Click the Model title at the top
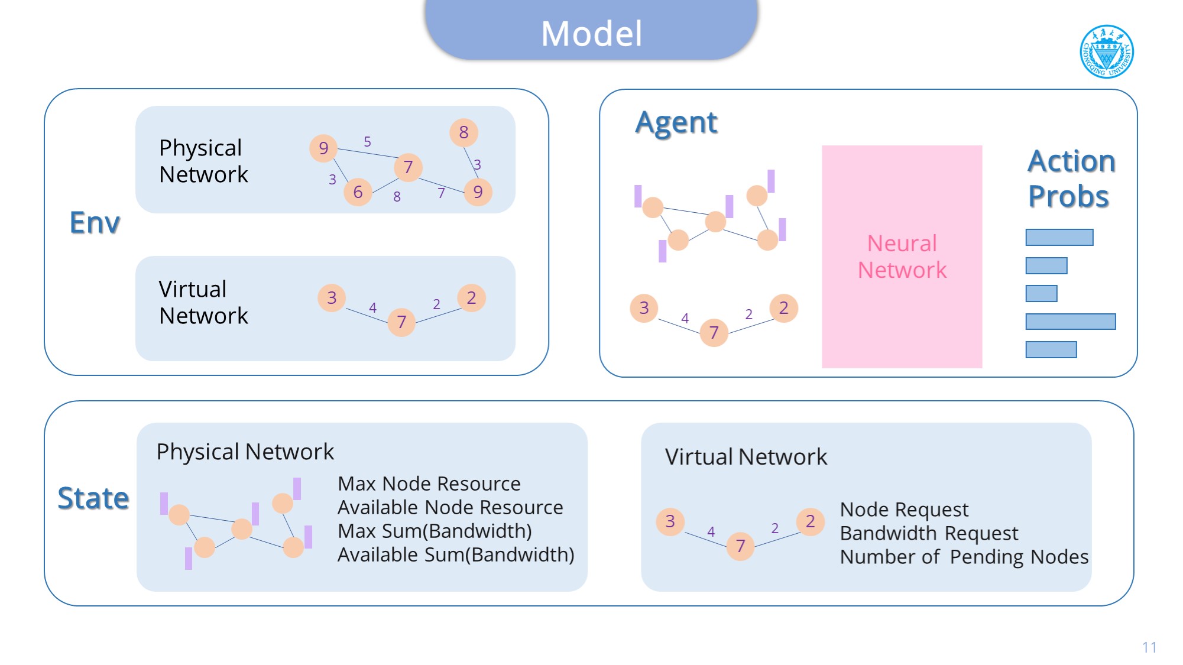point(591,33)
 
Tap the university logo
point(1106,52)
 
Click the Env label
point(95,223)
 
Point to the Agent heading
point(676,123)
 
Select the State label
point(93,498)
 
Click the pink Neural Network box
point(902,257)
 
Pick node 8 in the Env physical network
point(464,132)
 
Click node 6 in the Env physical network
point(358,192)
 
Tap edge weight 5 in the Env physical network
point(367,142)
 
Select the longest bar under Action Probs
point(1070,322)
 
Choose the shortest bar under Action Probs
point(1041,294)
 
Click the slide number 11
point(1149,647)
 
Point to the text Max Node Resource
point(429,484)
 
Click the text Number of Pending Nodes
point(964,557)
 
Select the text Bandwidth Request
point(929,533)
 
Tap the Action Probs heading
point(1071,179)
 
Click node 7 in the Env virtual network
point(401,322)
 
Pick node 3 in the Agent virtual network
point(644,308)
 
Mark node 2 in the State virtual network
point(810,521)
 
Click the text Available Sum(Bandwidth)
point(455,554)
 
